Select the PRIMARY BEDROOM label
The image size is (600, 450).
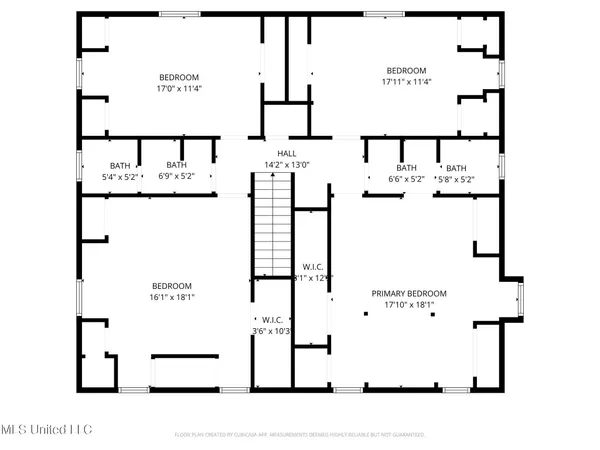[x=408, y=293]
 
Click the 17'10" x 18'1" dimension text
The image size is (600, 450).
[x=408, y=306]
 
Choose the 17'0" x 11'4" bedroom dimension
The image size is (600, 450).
[x=179, y=88]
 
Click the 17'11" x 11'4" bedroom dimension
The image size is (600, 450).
[x=407, y=82]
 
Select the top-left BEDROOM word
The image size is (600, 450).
[x=179, y=77]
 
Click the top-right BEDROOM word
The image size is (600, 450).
[x=407, y=70]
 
